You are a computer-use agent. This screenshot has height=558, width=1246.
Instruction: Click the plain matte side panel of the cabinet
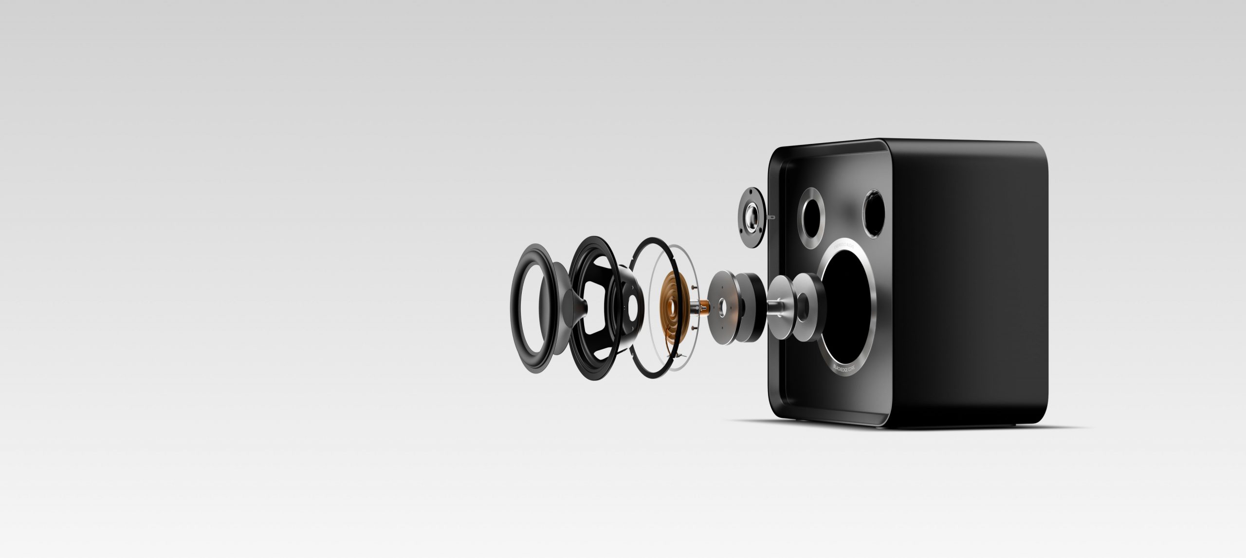pyautogui.click(x=969, y=282)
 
